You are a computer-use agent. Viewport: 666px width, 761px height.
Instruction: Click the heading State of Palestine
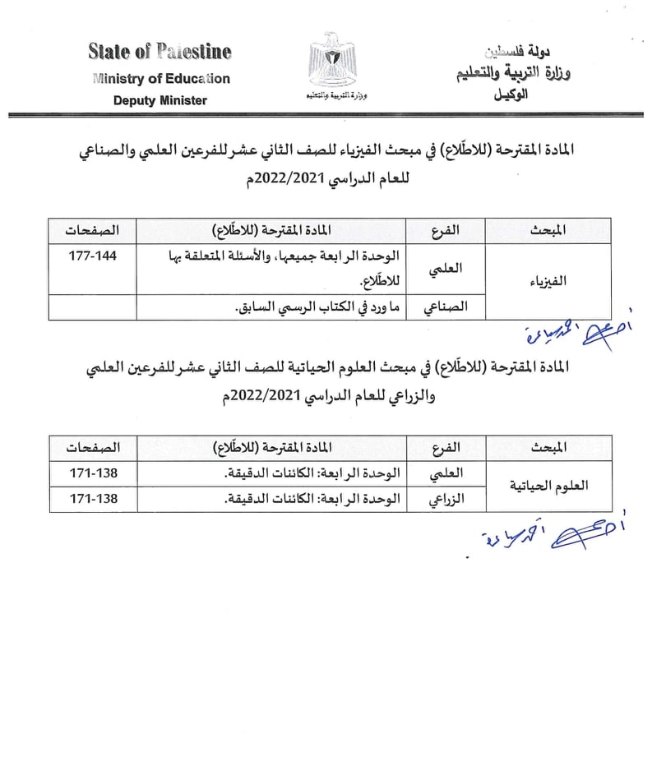pyautogui.click(x=160, y=52)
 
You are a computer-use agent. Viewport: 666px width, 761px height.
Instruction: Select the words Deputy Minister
pyautogui.click(x=160, y=100)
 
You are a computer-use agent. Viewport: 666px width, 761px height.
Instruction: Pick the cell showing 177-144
pyautogui.click(x=92, y=256)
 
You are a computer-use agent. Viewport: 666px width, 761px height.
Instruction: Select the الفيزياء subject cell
pyautogui.click(x=549, y=281)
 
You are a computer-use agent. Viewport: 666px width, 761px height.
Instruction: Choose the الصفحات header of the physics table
pyautogui.click(x=92, y=229)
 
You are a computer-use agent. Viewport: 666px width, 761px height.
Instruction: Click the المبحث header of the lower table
pyautogui.click(x=549, y=447)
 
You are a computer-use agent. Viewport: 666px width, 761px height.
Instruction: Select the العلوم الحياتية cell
pyautogui.click(x=549, y=486)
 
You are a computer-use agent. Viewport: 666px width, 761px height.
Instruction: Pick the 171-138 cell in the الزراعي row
pyautogui.click(x=92, y=499)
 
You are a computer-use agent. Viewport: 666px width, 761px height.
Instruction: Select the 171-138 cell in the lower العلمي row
pyautogui.click(x=92, y=473)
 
